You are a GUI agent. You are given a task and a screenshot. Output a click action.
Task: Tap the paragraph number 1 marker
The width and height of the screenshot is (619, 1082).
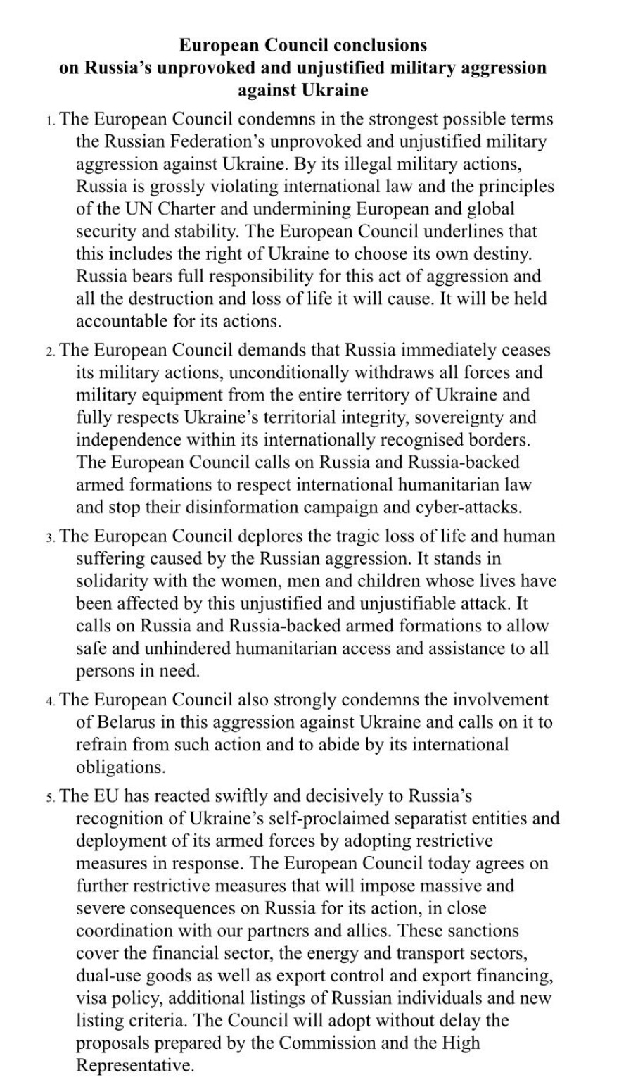[50, 121]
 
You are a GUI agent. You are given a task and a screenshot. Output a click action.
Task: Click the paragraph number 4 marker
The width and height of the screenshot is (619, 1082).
[50, 701]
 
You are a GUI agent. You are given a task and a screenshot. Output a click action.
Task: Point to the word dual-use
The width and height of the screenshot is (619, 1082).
[108, 976]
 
